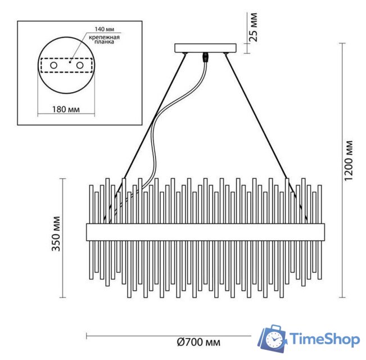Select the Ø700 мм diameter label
[198, 342]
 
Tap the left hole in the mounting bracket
[54, 66]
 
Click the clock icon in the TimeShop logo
[274, 340]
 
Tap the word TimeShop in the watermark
[324, 339]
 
